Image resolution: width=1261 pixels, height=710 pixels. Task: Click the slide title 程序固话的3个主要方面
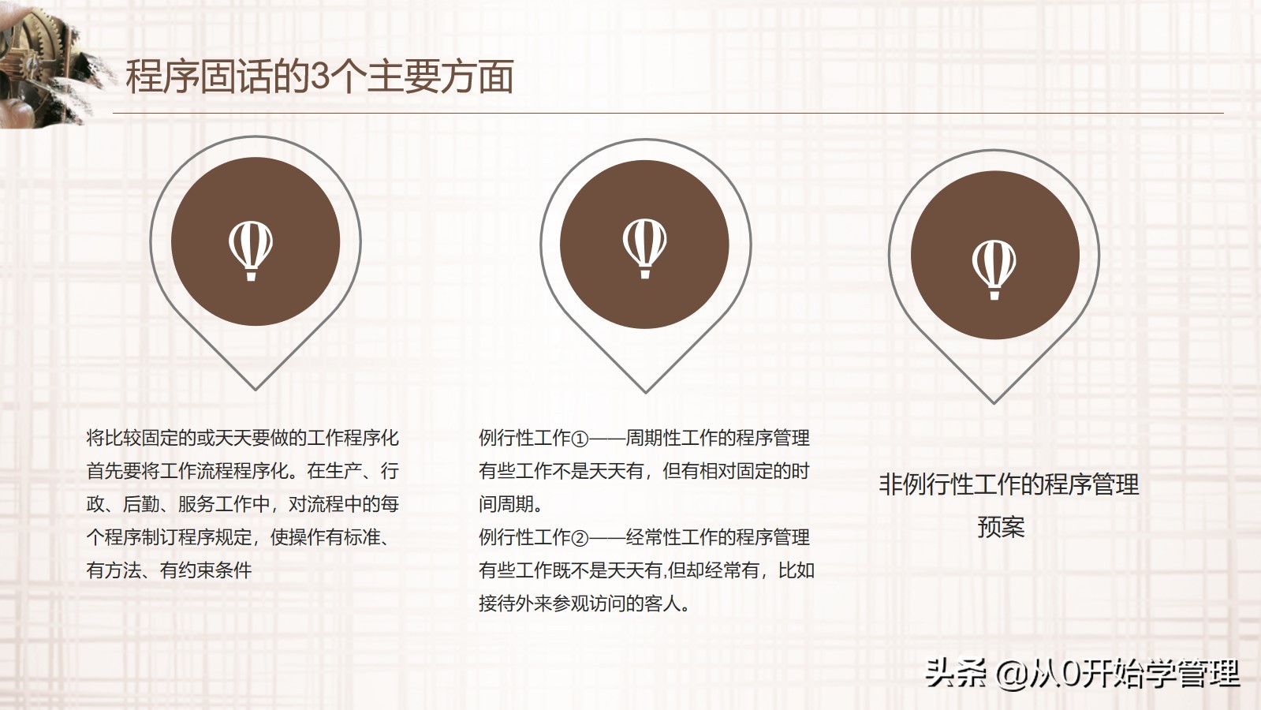(x=319, y=77)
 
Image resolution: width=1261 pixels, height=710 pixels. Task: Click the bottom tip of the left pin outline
(x=256, y=388)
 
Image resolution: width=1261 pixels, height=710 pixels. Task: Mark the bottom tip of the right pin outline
(x=994, y=402)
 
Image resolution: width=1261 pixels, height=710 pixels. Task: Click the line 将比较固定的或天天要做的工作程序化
(x=242, y=438)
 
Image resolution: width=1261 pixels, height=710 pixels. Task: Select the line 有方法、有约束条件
(x=169, y=570)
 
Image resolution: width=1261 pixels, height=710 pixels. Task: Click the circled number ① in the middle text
(x=580, y=439)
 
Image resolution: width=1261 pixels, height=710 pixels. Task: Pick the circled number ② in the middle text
(x=580, y=538)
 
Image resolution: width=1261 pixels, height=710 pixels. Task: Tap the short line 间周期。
(x=510, y=504)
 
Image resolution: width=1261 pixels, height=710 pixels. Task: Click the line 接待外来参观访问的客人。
(x=584, y=603)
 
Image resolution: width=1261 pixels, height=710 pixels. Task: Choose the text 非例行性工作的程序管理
(x=1009, y=484)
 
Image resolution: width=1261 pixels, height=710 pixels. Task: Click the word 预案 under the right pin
(x=1001, y=526)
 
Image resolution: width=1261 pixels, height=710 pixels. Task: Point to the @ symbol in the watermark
(x=1012, y=673)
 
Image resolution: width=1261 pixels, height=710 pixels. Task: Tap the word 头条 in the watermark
(x=955, y=673)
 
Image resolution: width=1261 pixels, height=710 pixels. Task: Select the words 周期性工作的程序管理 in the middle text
(x=718, y=438)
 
